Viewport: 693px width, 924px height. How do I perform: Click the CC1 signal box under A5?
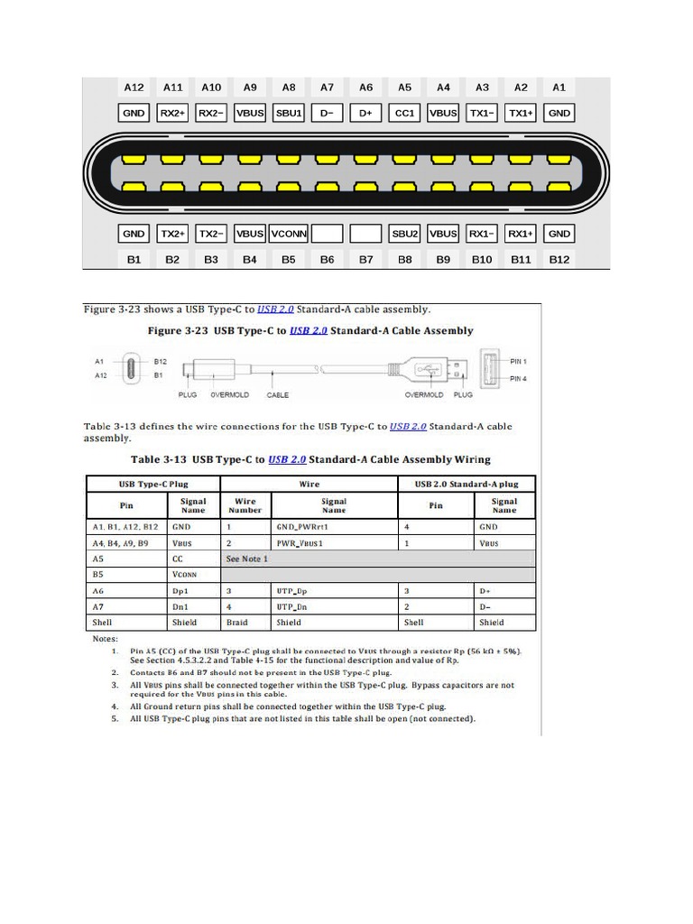tap(404, 113)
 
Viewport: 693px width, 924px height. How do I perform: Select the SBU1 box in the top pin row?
tap(289, 113)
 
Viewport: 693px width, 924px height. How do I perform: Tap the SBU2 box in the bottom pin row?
tap(404, 234)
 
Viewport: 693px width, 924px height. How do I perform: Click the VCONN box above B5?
tap(289, 234)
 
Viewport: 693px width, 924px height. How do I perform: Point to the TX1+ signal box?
tap(521, 113)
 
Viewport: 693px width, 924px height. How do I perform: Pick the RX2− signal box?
tap(211, 113)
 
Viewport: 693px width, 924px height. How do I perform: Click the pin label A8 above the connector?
tap(289, 88)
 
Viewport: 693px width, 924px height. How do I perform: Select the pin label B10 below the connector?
tap(482, 259)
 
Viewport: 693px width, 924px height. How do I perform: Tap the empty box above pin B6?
tap(328, 234)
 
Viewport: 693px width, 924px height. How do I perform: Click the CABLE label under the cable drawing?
tap(278, 395)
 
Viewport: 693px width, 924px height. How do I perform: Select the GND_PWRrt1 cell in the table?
tap(300, 526)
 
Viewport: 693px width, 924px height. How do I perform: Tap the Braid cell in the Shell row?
tap(236, 623)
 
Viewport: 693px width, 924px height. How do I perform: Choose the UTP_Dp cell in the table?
tap(293, 590)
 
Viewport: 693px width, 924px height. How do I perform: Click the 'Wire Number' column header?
tap(245, 505)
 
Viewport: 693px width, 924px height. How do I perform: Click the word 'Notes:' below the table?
tap(105, 639)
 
